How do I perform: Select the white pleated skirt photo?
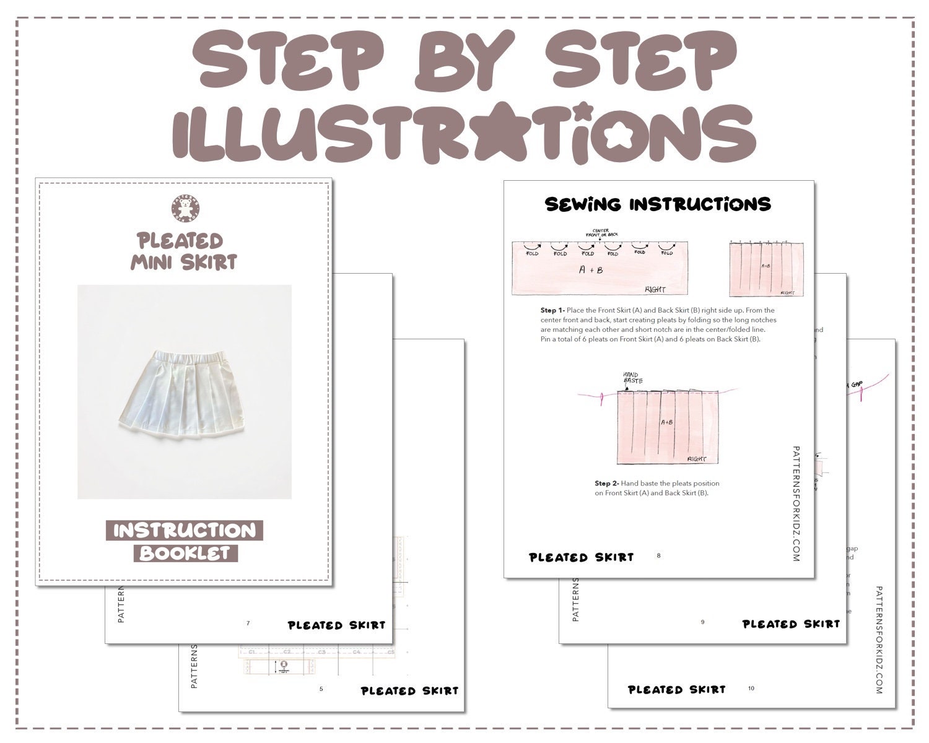185,391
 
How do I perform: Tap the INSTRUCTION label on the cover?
185,531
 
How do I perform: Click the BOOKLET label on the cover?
185,553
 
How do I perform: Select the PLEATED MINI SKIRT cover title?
184,251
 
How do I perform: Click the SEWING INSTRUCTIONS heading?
658,204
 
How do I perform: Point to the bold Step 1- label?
552,310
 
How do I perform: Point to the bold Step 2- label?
607,484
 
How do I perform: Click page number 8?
658,555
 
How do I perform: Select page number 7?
248,623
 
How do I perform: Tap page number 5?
321,689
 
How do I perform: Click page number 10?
751,688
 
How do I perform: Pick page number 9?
702,622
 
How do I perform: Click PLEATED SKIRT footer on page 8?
582,557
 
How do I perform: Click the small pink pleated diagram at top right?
765,269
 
